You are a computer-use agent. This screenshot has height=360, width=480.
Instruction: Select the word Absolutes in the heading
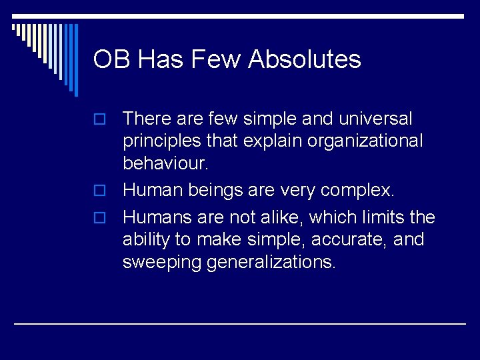coord(305,60)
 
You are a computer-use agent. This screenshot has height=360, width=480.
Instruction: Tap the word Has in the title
coord(157,60)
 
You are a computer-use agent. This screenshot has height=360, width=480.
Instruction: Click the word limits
coord(383,217)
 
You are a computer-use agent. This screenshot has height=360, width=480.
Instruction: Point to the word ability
coord(143,239)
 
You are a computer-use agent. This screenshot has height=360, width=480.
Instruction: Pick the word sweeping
coord(162,263)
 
